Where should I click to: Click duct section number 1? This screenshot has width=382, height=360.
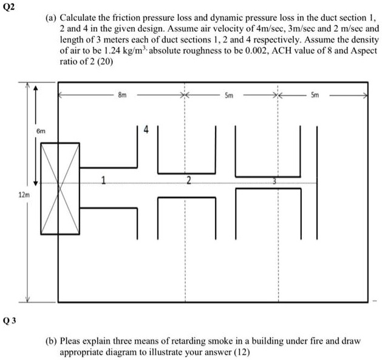[x=104, y=180]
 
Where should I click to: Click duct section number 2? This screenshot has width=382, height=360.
[x=188, y=180]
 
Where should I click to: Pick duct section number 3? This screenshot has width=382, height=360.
[x=274, y=181]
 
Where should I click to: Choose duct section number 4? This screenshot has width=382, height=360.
[x=146, y=129]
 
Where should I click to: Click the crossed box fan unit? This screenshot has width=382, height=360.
[x=60, y=189]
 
